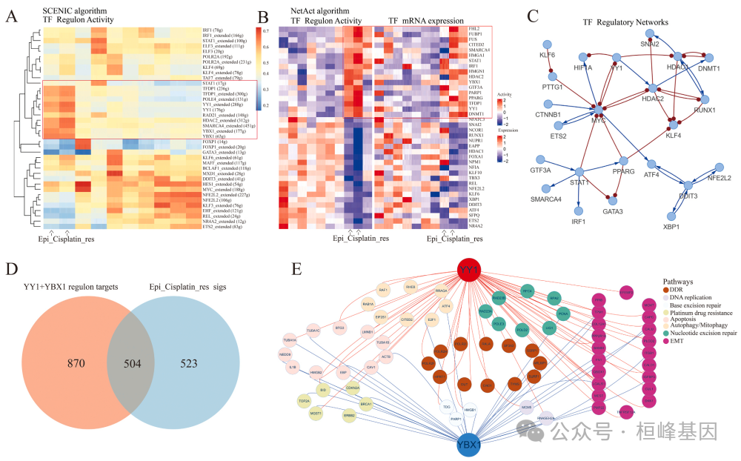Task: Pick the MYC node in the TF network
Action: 599,111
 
